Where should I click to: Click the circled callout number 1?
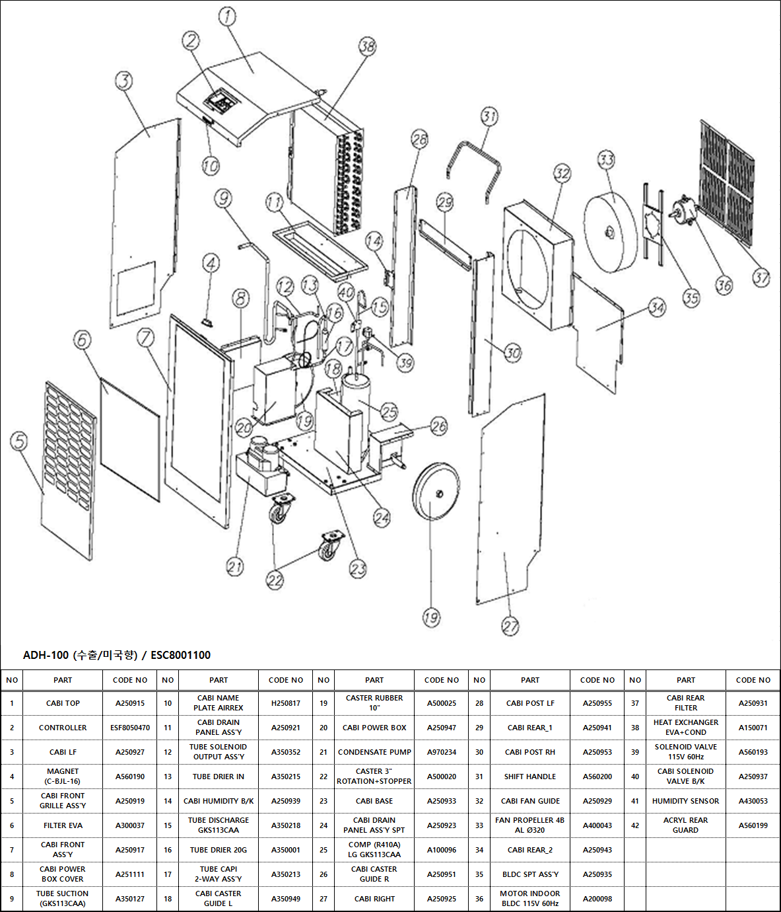(x=227, y=16)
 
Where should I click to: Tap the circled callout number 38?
(x=368, y=46)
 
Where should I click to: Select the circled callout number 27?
(x=510, y=626)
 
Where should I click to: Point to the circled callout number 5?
(x=19, y=441)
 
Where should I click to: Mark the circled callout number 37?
(x=761, y=278)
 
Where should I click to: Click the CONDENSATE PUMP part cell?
(x=374, y=752)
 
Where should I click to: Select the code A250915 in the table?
(x=130, y=703)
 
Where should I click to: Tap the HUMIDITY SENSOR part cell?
(x=685, y=801)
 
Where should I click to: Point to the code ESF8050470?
(x=130, y=728)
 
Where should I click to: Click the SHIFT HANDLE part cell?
(x=529, y=777)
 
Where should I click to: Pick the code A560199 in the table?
(x=753, y=825)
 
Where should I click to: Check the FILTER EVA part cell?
(x=63, y=825)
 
